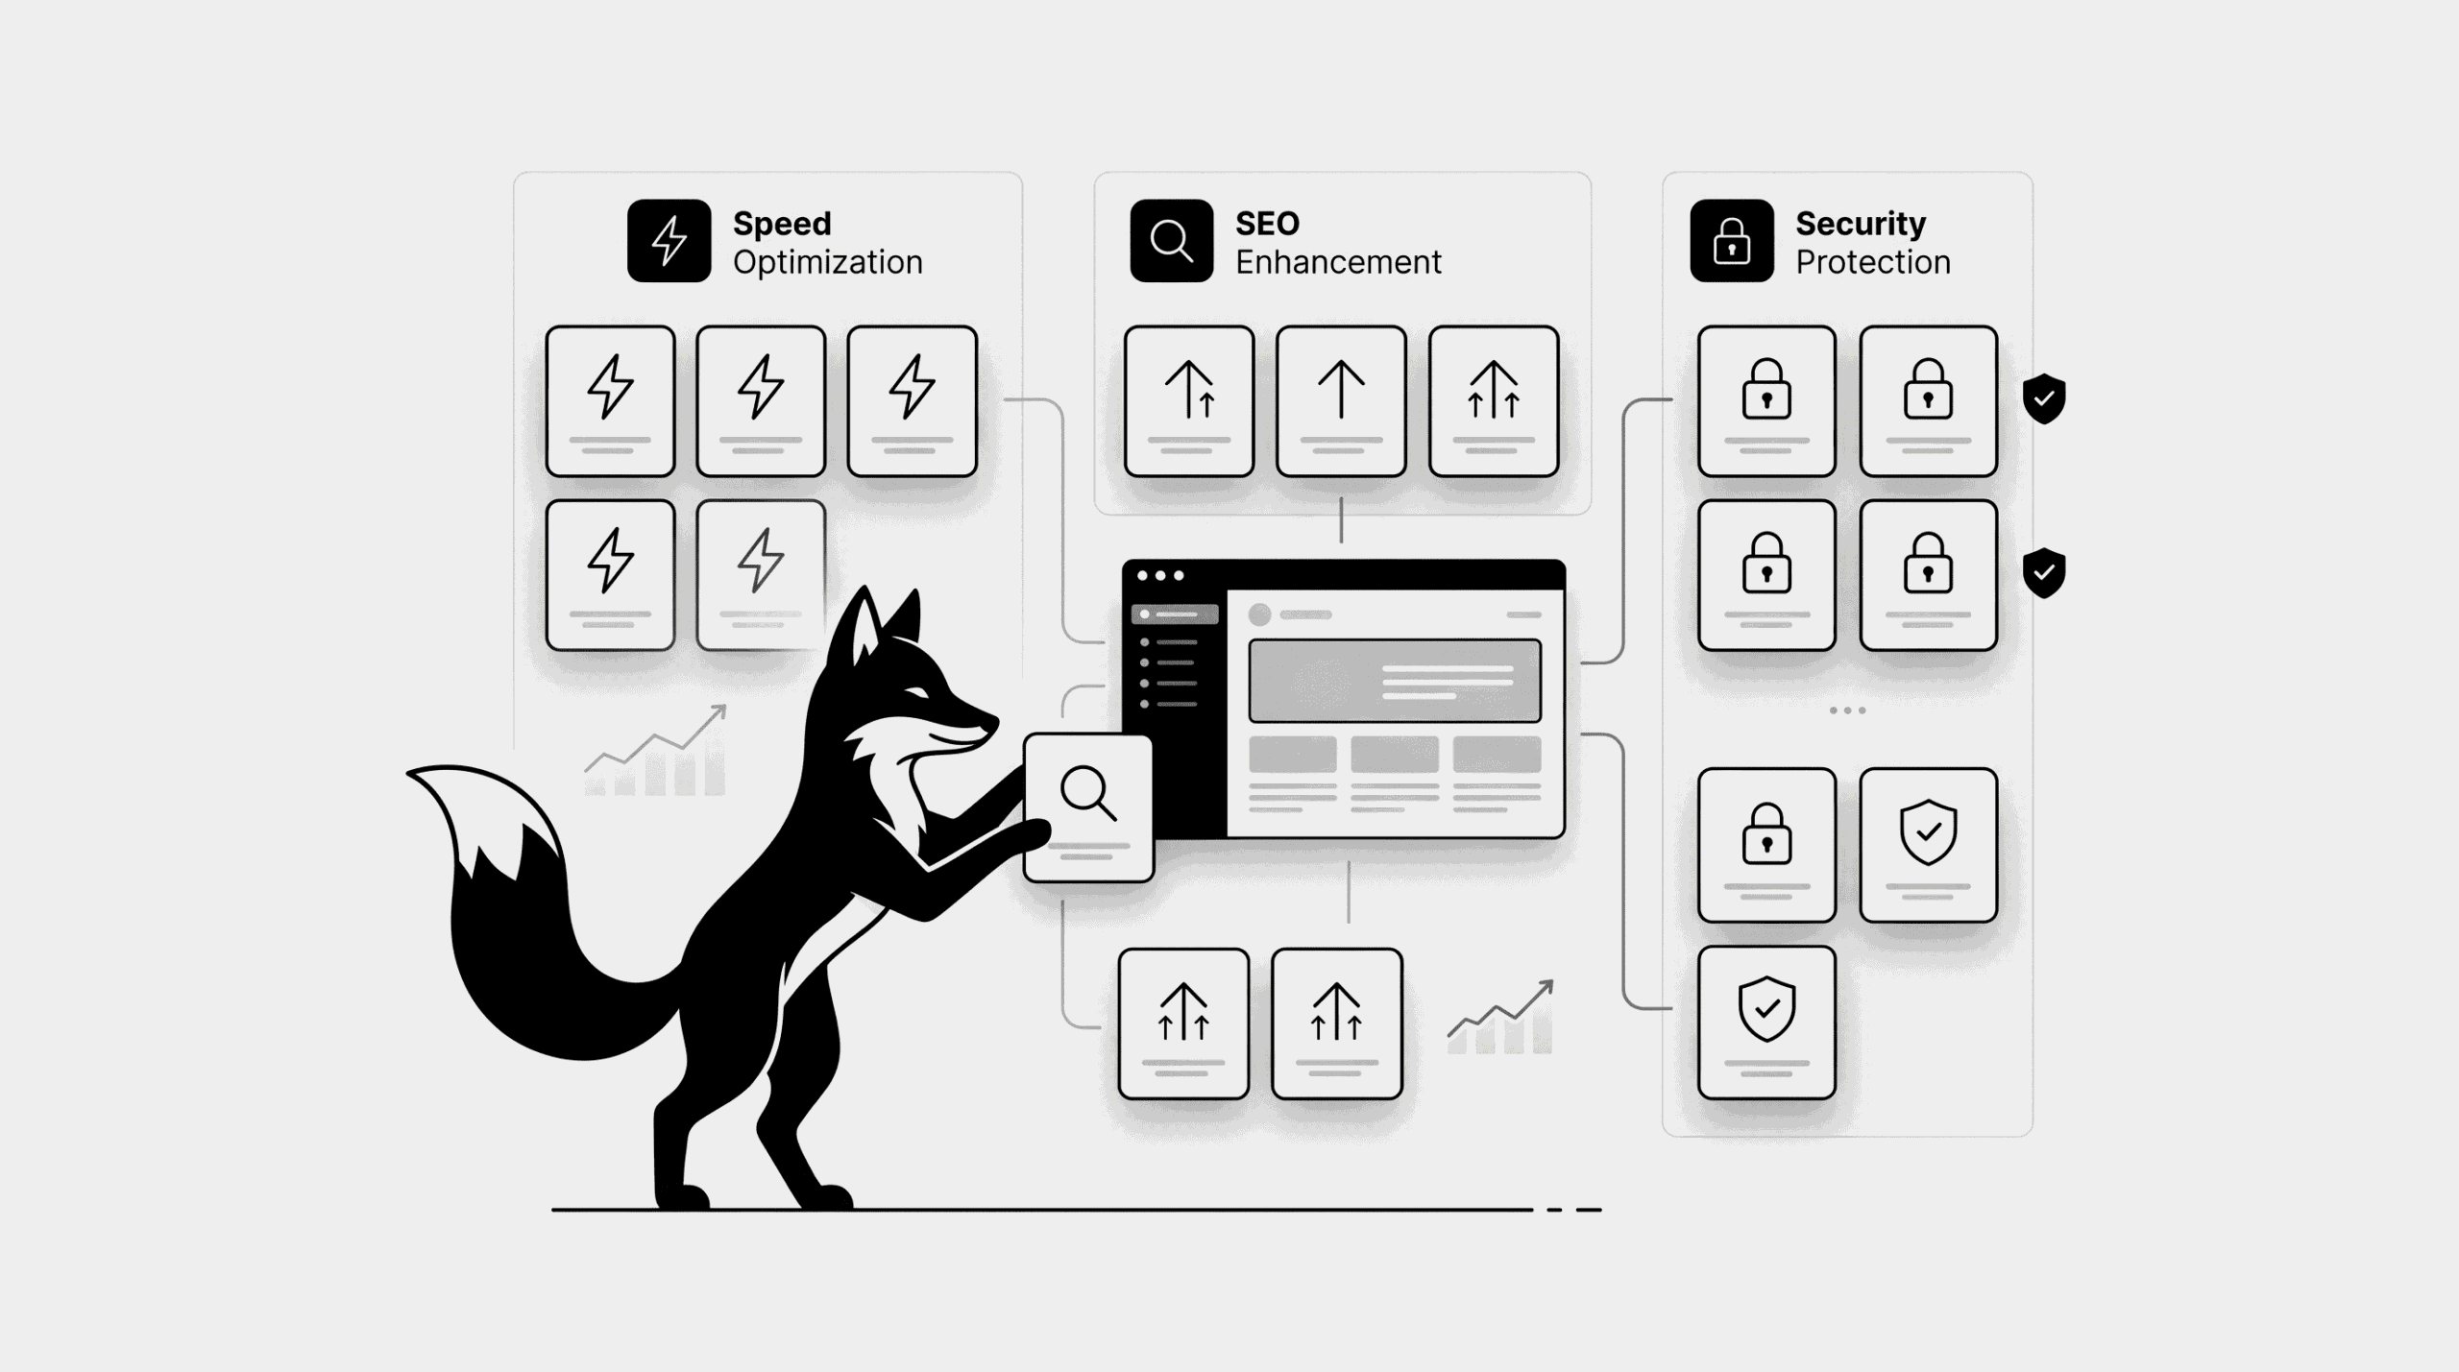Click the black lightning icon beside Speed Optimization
(x=669, y=240)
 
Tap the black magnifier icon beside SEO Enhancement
(x=1171, y=240)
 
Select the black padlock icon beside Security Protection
(x=1732, y=240)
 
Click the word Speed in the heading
(x=782, y=225)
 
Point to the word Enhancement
(x=1338, y=262)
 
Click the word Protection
(x=1873, y=262)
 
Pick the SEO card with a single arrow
(x=1341, y=401)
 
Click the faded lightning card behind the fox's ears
(x=761, y=574)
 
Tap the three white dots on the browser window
(x=1160, y=575)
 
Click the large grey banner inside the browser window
(x=1395, y=681)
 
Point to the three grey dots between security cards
(x=1847, y=710)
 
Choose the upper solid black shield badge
(x=2044, y=398)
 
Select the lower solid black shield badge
(x=2044, y=573)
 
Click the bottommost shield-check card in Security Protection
(x=1766, y=1023)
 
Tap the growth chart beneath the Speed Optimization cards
(x=656, y=751)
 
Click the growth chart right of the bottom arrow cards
(x=1500, y=1017)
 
